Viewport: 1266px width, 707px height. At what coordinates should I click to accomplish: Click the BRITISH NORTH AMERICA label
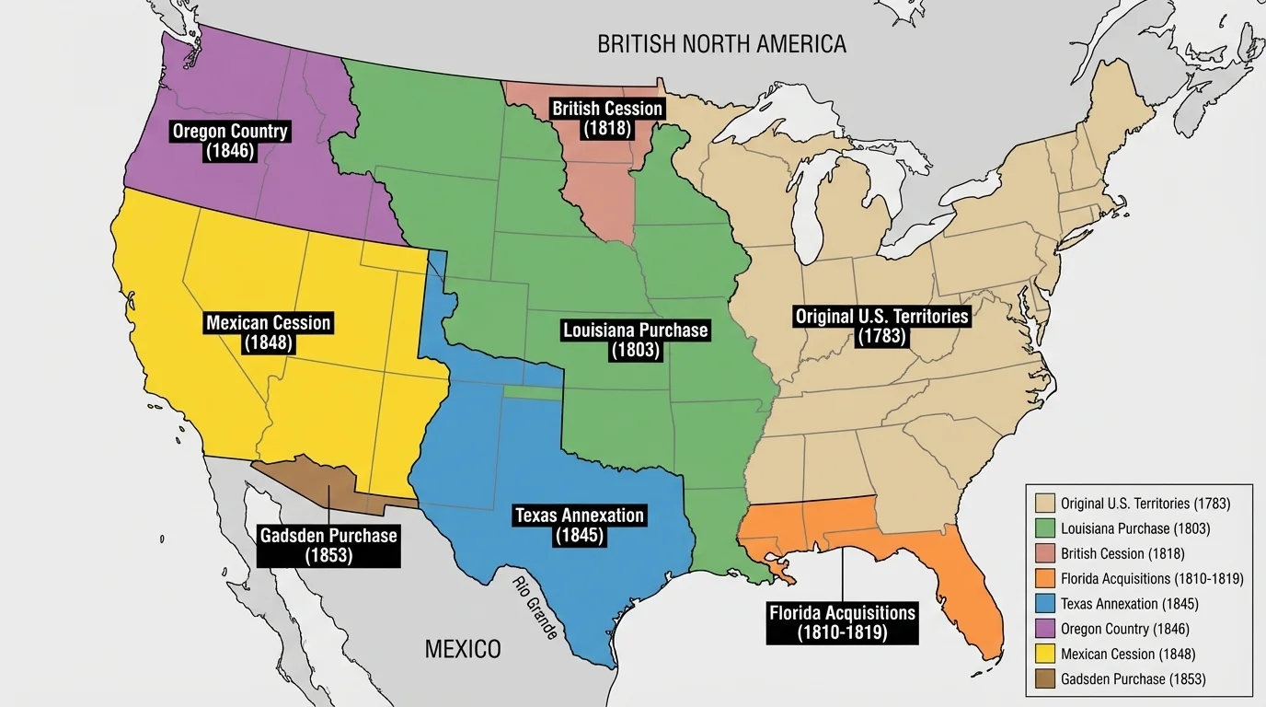721,43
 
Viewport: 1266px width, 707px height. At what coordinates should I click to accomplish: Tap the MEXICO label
463,649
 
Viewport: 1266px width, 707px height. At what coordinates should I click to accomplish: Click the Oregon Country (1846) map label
230,141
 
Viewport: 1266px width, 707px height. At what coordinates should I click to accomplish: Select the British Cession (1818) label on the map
606,119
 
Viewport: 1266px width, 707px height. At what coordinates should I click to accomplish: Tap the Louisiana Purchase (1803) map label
635,340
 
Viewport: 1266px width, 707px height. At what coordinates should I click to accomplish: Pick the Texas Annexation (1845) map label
580,525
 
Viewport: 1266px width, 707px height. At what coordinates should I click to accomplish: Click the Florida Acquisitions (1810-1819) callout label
842,622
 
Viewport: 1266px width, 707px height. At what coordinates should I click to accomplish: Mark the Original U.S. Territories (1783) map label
881,326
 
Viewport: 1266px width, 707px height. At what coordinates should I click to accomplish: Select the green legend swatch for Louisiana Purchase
1043,528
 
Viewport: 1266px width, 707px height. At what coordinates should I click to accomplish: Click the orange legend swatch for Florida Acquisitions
1043,579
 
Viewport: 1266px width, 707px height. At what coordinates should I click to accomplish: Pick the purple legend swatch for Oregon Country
1043,629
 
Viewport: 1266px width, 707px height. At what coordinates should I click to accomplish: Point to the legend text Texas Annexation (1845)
1129,604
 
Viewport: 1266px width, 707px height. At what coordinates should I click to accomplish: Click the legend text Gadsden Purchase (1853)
1133,679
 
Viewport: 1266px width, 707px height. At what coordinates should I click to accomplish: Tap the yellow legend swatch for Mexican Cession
1043,654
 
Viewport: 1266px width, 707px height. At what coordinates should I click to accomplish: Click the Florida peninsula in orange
966,589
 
